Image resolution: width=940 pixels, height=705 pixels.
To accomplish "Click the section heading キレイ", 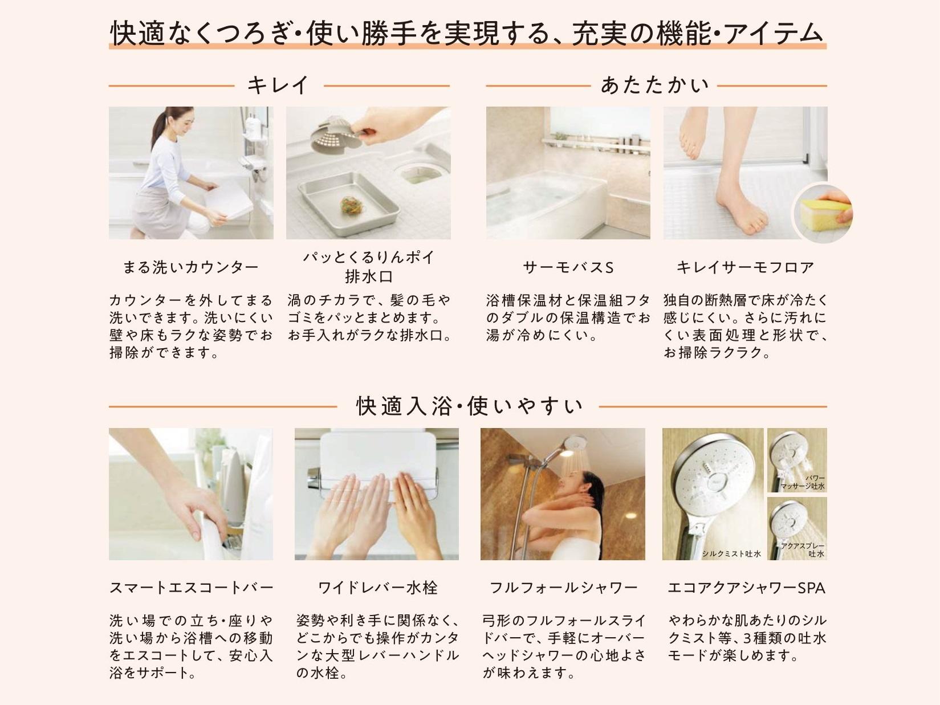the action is pyautogui.click(x=279, y=85).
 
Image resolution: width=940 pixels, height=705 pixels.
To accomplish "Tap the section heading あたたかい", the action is pyautogui.click(x=655, y=85).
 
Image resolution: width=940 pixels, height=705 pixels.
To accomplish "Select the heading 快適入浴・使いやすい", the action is pyautogui.click(x=469, y=406).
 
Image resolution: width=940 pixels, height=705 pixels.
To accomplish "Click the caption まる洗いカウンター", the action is pyautogui.click(x=191, y=267).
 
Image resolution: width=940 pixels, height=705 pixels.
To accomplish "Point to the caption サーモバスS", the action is pyautogui.click(x=568, y=267).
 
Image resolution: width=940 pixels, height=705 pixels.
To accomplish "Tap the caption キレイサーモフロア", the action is pyautogui.click(x=745, y=267).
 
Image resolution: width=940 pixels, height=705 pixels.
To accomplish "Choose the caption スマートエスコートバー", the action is pyautogui.click(x=191, y=588).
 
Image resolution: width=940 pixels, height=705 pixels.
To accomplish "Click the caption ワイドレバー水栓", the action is pyautogui.click(x=378, y=588).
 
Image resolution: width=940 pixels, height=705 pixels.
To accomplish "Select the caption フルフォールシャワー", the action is pyautogui.click(x=563, y=588).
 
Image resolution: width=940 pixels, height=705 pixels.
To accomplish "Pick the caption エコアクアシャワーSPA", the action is pyautogui.click(x=746, y=588).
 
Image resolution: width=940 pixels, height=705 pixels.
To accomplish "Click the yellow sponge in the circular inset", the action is pyautogui.click(x=820, y=213).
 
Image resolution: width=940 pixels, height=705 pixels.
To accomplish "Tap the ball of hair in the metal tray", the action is pyautogui.click(x=351, y=206).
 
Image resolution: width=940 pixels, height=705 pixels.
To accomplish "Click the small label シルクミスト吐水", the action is pyautogui.click(x=731, y=554).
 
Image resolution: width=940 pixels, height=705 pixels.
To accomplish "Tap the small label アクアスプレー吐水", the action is pyautogui.click(x=803, y=550).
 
